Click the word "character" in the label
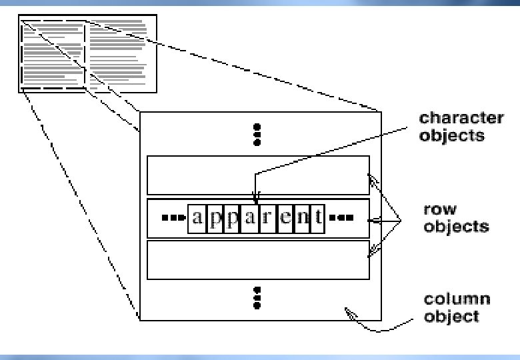coord(461,118)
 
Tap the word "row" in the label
coord(440,209)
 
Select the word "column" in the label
coord(457,299)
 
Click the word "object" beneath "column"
coord(452,316)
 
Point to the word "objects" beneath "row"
coord(456,227)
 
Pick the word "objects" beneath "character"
coord(452,135)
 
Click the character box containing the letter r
coord(267,219)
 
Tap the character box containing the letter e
coord(285,219)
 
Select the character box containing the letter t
coord(318,219)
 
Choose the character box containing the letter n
coord(303,219)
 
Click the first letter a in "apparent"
coord(197,218)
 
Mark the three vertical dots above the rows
coord(257,135)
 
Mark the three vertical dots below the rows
coord(257,298)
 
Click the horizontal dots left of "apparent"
coord(173,218)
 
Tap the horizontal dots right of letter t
coord(341,218)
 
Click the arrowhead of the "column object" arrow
coord(347,311)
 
